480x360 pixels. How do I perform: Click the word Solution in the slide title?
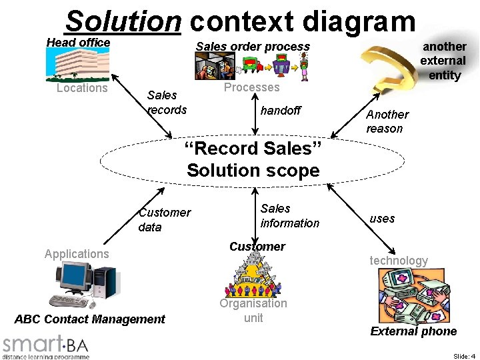tap(123, 21)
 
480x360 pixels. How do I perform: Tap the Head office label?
tap(78, 43)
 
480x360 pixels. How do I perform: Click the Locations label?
tap(82, 88)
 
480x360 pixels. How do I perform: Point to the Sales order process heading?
tap(253, 47)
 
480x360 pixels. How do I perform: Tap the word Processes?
tap(251, 87)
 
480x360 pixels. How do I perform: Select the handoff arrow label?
tap(280, 111)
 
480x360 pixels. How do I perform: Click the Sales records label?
tap(167, 103)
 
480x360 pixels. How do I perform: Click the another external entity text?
tap(444, 61)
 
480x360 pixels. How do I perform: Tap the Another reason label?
tap(387, 121)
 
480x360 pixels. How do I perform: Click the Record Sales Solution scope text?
tap(253, 159)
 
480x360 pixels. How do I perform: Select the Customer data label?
tap(164, 219)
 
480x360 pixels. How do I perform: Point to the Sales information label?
tap(289, 216)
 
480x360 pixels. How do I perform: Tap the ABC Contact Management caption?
tap(89, 319)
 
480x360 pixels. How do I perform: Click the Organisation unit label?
tap(253, 310)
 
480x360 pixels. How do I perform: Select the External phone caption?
tap(413, 331)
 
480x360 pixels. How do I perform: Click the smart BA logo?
tap(45, 347)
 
